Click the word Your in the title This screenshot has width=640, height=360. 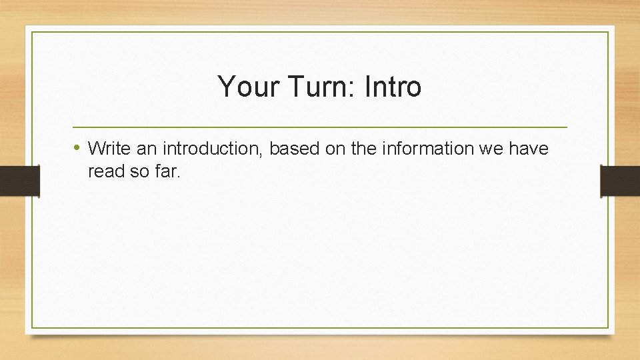pos(243,87)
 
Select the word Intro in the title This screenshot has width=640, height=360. pos(393,87)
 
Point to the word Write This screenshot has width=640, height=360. pos(109,148)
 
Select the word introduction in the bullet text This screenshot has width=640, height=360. pos(213,148)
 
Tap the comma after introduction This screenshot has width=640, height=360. pos(265,153)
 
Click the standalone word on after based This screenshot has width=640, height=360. pos(335,148)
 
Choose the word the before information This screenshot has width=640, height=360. pos(363,148)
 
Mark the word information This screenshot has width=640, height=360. pos(427,148)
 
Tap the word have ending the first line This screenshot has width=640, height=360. pos(529,148)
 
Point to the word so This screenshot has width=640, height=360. pos(139,171)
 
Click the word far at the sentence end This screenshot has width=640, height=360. pos(167,171)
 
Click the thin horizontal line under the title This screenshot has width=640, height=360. pos(319,127)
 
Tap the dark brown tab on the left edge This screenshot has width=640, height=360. pos(19,181)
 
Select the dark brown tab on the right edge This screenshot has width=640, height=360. pos(620,181)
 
